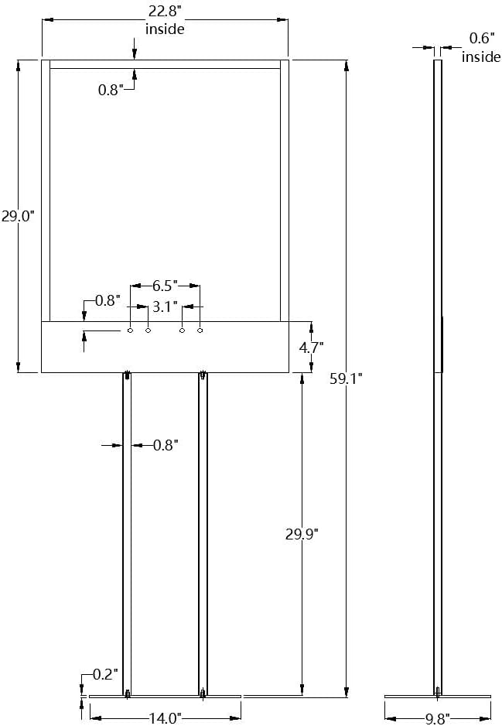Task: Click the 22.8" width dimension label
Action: [165, 10]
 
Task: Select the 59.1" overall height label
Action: [346, 378]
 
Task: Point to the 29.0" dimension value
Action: [18, 216]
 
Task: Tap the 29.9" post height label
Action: [302, 534]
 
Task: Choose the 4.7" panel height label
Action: [311, 347]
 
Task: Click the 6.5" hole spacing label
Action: [166, 286]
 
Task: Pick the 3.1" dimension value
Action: [166, 306]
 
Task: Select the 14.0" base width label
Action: [166, 718]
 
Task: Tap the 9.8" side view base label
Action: [437, 718]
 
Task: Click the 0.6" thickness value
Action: [481, 39]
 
